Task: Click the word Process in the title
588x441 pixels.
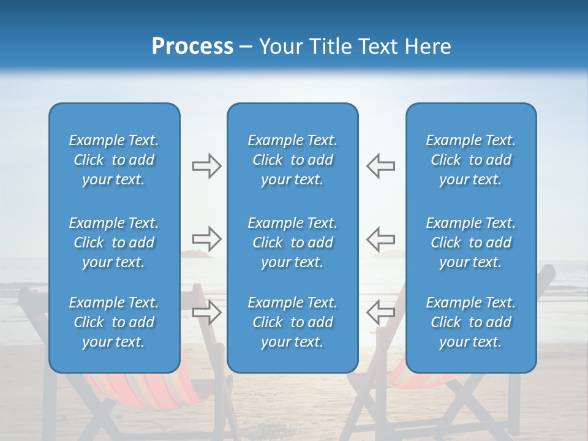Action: [192, 47]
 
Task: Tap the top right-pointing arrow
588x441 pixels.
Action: [206, 166]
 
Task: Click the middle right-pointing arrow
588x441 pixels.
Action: [206, 238]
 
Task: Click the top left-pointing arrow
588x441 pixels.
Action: [380, 166]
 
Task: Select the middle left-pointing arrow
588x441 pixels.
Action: [380, 238]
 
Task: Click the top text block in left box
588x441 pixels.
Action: [114, 160]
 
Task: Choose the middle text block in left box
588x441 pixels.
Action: [114, 243]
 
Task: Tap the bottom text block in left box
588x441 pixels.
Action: [114, 322]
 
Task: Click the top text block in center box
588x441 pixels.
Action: [292, 160]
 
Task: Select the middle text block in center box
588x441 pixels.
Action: [292, 243]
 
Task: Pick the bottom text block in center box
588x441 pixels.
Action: [292, 322]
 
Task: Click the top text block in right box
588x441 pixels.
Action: [470, 160]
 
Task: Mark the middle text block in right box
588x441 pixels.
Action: [470, 243]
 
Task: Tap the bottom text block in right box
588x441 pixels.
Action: [470, 322]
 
